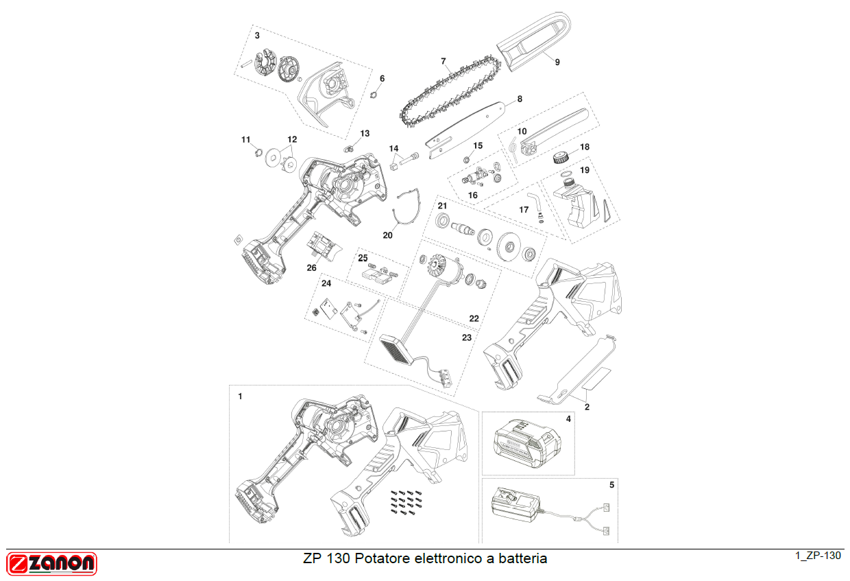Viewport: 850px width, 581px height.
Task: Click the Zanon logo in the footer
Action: click(x=52, y=564)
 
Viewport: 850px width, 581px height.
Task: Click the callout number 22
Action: click(x=474, y=318)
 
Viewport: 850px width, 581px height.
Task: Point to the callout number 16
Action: click(x=472, y=195)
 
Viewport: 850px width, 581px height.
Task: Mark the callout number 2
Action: click(x=587, y=407)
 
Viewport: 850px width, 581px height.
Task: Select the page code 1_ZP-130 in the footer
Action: click(x=818, y=556)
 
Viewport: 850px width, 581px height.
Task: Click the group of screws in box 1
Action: click(x=403, y=502)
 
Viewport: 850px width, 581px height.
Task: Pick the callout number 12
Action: click(x=292, y=139)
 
